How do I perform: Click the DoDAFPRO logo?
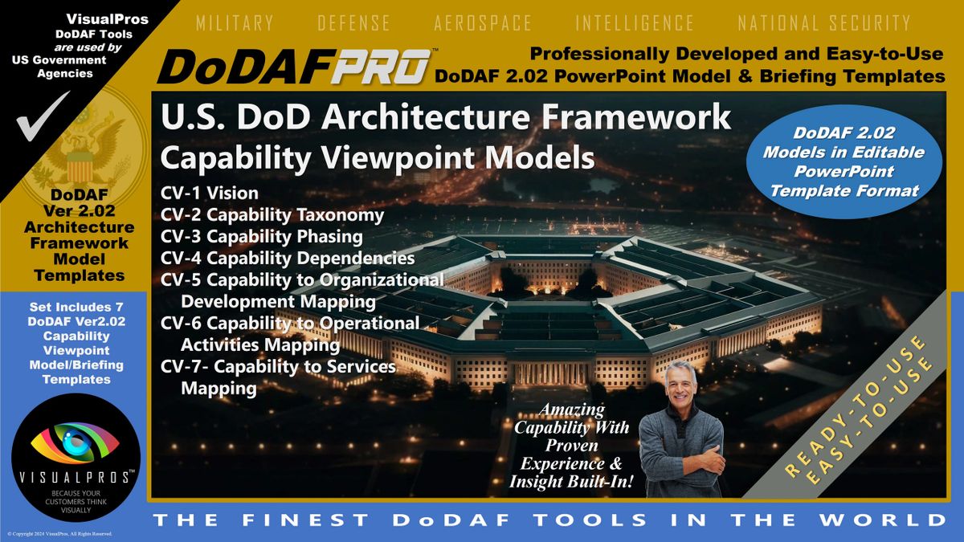point(293,68)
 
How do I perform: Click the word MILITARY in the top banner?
point(235,23)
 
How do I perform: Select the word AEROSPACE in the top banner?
point(482,23)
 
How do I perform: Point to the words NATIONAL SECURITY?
point(824,23)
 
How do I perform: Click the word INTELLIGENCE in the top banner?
point(634,23)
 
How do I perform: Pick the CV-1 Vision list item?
point(210,193)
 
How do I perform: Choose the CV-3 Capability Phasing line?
point(261,237)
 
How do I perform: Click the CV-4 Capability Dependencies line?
point(288,259)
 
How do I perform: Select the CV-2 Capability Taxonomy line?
point(272,215)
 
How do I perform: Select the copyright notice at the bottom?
point(59,534)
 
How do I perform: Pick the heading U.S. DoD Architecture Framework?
point(446,117)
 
